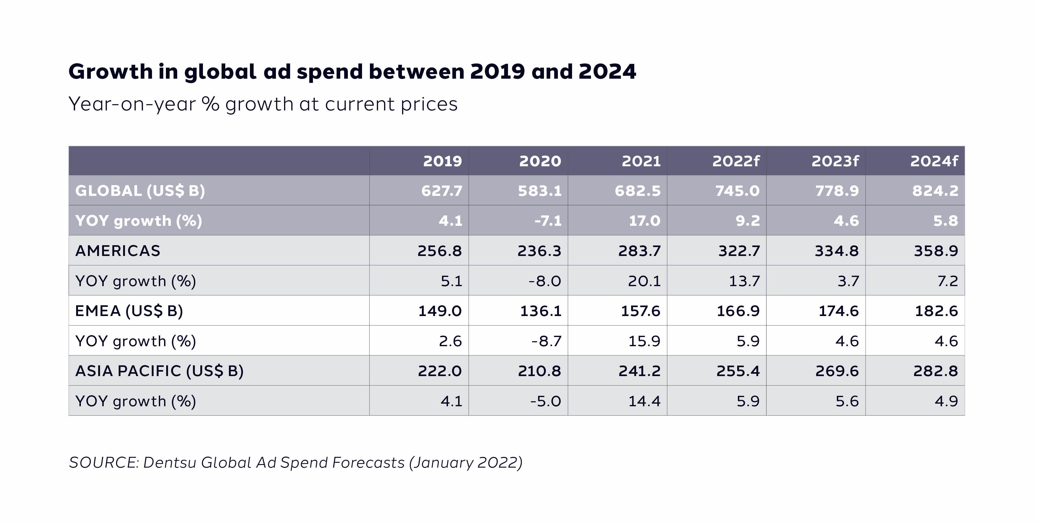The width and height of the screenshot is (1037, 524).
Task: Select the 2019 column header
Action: (442, 161)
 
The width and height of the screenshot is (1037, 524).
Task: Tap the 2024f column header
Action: (934, 161)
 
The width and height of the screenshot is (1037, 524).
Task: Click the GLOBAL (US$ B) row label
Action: (140, 191)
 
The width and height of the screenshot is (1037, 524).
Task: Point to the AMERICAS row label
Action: (118, 250)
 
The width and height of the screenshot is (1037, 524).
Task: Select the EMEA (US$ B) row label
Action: (129, 311)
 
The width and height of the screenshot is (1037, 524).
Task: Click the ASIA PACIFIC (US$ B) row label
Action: (159, 371)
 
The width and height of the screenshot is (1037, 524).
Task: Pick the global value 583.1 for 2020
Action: (540, 191)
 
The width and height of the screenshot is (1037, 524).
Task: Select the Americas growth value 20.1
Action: (644, 281)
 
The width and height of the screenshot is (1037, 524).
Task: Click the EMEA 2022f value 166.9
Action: (738, 311)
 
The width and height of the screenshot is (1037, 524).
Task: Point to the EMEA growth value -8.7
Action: (546, 341)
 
